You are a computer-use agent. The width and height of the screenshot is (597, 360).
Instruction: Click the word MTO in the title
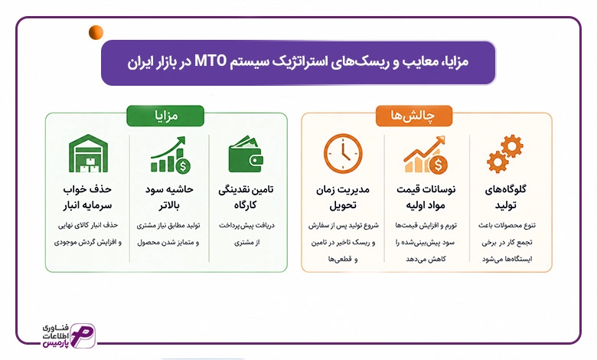pos(210,61)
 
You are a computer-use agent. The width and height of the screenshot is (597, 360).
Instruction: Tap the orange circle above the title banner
pos(96,32)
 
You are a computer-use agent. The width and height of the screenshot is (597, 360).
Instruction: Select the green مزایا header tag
pos(165,116)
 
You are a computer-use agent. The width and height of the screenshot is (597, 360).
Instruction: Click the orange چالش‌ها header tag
pos(414,116)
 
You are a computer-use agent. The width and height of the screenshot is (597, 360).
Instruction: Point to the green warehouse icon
pos(88,153)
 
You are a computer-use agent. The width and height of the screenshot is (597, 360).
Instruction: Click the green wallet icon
pos(246,154)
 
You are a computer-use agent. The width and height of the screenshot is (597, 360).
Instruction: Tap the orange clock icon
pos(343,153)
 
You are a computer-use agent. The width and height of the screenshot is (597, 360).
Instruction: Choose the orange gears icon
pos(505,153)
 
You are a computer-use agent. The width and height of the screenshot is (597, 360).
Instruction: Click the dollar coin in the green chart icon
pos(183,166)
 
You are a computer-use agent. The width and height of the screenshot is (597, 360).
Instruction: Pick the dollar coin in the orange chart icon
pos(439,165)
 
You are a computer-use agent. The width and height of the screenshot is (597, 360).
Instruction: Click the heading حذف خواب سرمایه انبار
pos(87,198)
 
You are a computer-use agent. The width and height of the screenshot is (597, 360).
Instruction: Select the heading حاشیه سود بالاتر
pos(169,198)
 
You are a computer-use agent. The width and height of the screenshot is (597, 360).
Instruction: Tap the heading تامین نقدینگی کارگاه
pos(246,198)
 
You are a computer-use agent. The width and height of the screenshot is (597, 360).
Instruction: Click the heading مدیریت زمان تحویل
pos(343,198)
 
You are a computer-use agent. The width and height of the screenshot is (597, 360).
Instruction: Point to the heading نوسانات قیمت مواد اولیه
pos(426,198)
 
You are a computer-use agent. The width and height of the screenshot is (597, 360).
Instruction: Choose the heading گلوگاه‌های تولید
pos(506,198)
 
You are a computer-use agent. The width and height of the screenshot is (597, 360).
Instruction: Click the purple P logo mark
pos(83,336)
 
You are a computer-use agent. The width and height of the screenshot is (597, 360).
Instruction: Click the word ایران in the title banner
pos(142,61)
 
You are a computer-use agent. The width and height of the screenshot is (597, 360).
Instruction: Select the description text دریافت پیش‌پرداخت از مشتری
pos(246,234)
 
